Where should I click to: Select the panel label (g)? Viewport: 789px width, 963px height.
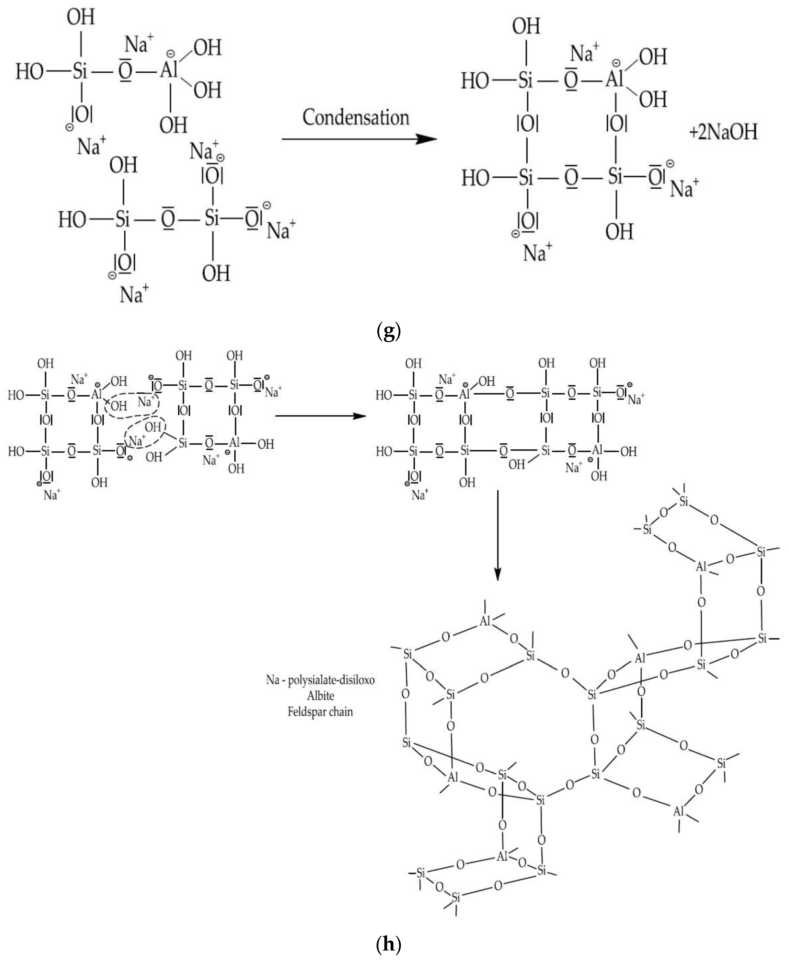coord(389,332)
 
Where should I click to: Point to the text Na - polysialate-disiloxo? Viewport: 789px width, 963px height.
coord(320,680)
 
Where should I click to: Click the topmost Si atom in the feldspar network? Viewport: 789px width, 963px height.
coord(684,502)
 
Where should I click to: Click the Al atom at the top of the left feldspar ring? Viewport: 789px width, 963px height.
coord(485,621)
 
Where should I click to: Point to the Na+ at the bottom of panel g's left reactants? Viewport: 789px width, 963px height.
coord(134,294)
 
